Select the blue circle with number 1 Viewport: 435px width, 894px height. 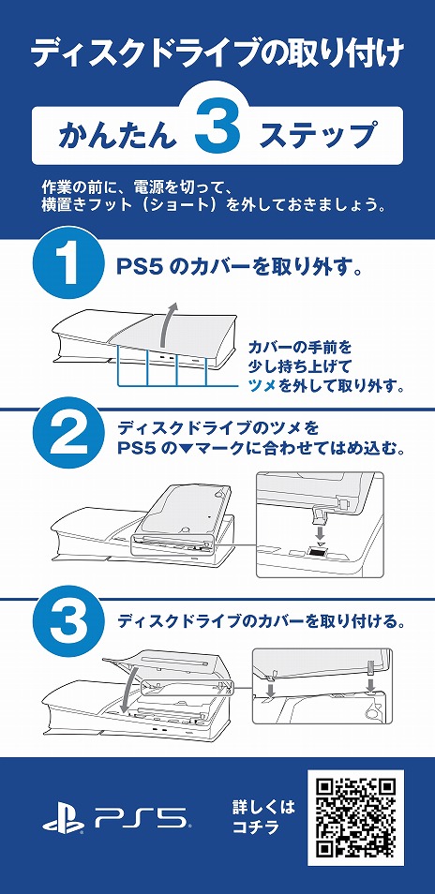tap(67, 270)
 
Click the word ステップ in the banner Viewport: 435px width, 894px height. tap(318, 136)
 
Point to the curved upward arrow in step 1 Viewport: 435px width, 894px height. tap(167, 330)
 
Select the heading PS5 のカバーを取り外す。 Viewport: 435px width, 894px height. tap(239, 268)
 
